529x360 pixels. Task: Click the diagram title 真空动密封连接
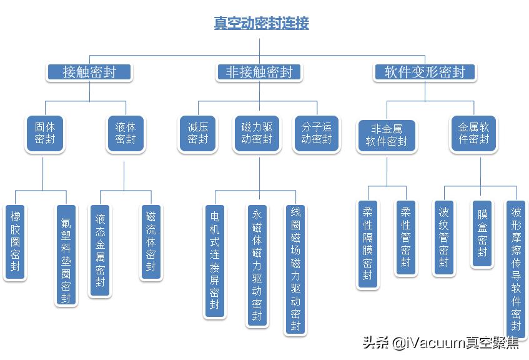click(260, 24)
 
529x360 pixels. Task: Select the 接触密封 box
click(89, 72)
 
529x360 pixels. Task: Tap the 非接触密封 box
click(259, 72)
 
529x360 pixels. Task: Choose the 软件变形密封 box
click(425, 72)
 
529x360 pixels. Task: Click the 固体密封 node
click(45, 133)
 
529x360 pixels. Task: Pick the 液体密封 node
click(125, 133)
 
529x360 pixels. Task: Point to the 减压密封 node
click(198, 133)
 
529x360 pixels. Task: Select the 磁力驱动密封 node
click(257, 133)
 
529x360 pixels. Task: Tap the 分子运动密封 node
click(317, 133)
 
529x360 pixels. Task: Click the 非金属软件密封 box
click(387, 135)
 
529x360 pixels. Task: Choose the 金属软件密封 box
click(474, 133)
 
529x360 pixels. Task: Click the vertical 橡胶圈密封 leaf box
click(16, 242)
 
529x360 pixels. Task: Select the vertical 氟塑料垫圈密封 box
click(66, 255)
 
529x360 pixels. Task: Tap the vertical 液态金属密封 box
click(100, 251)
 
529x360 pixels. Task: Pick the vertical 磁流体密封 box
click(151, 242)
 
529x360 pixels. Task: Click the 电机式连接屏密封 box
click(215, 261)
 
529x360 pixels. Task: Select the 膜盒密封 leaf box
click(482, 233)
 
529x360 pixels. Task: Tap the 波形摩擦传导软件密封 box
click(516, 269)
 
